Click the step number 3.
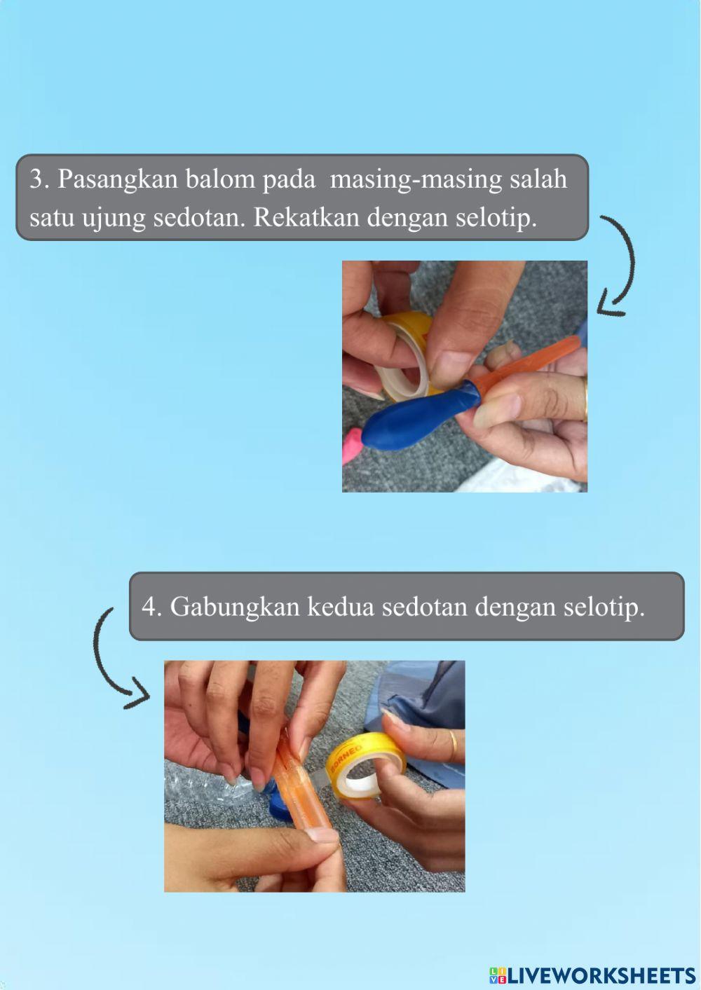pos(38,180)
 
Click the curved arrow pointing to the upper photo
pos(619,266)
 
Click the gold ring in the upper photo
pos(585,399)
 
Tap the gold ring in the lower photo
pos(454,745)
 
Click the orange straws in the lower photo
pos(298,785)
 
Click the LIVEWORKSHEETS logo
pos(592,975)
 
